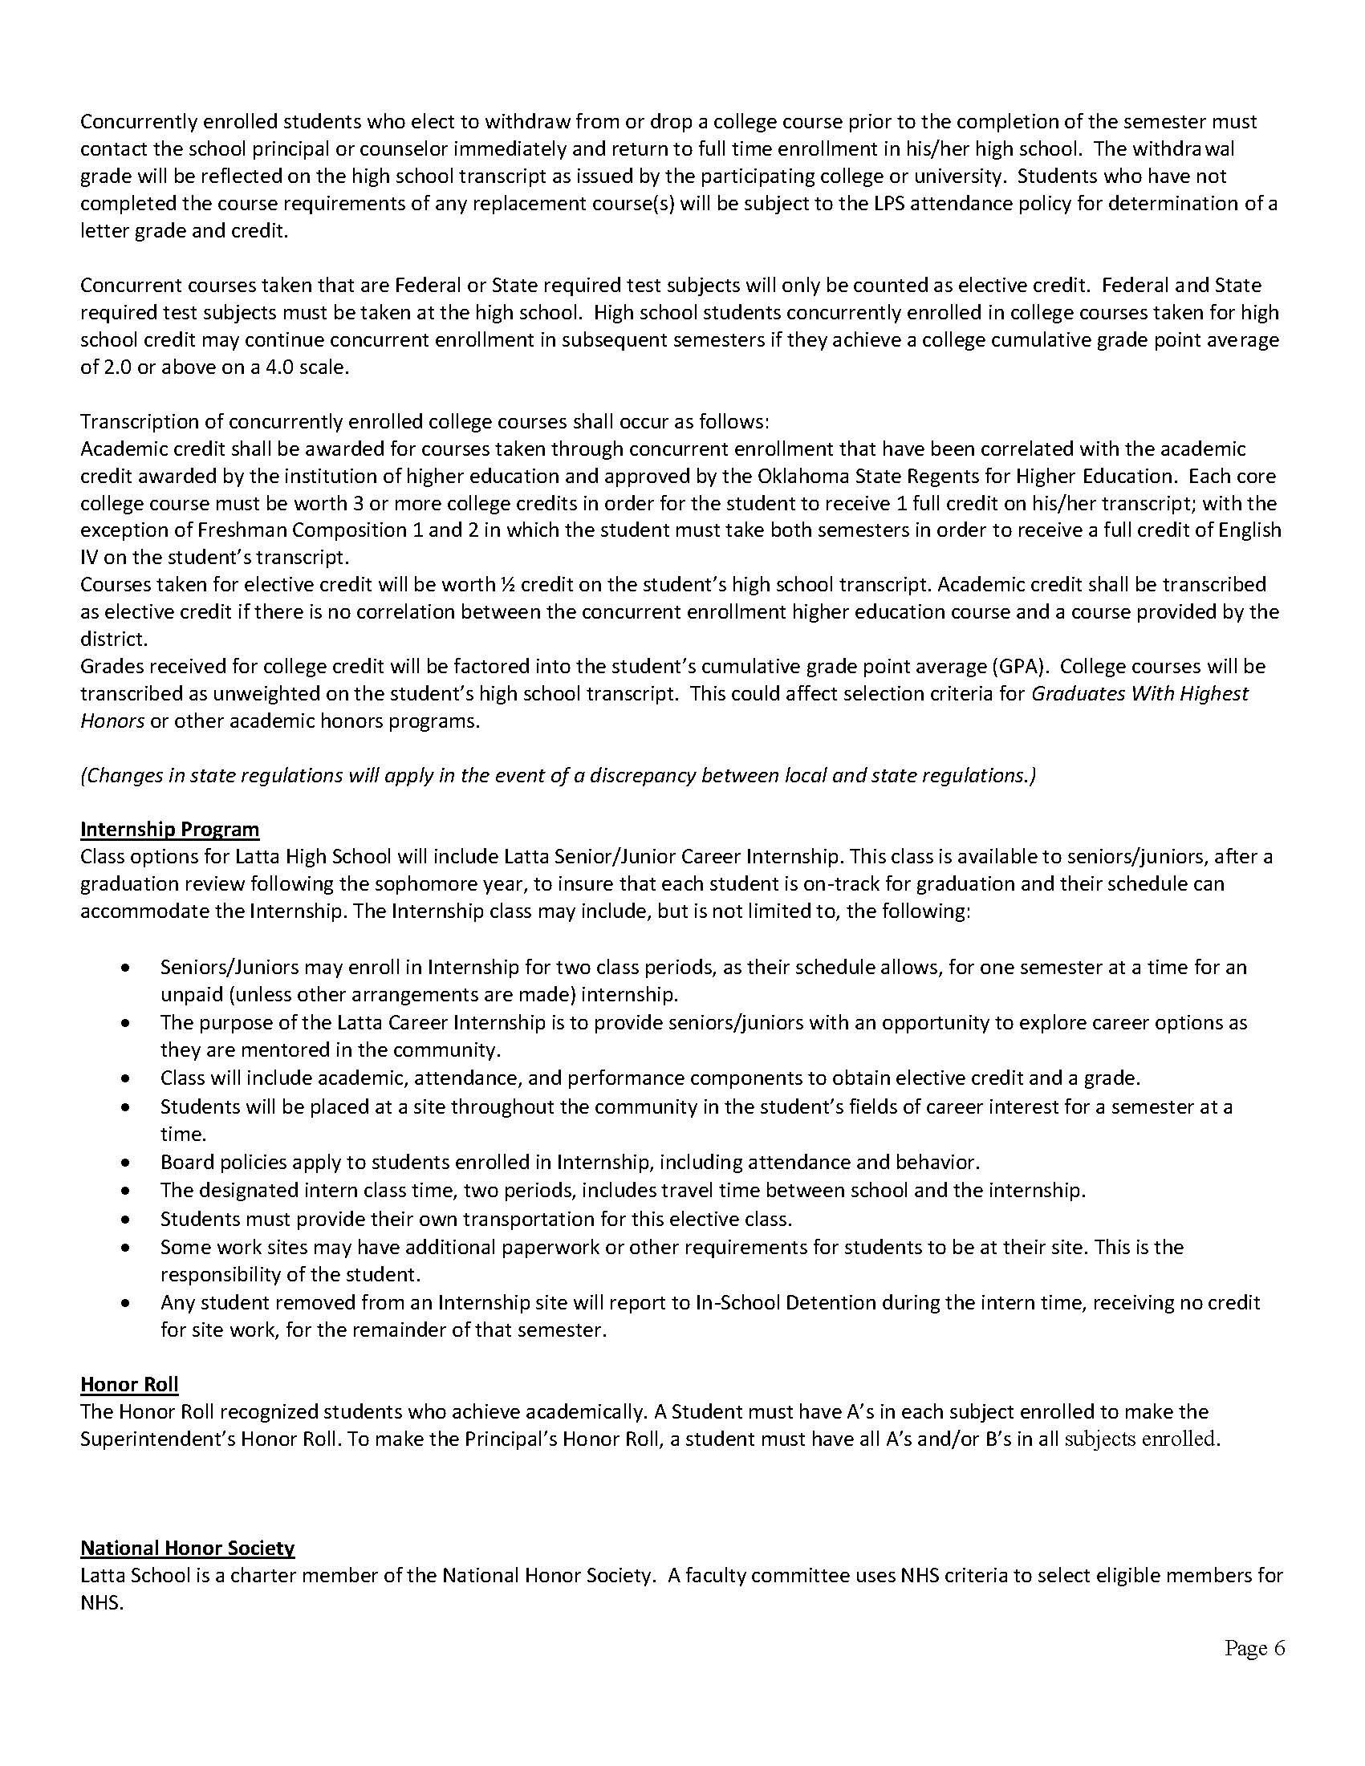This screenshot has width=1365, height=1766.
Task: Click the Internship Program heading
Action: pyautogui.click(x=170, y=829)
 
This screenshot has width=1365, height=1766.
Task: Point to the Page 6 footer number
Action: pyautogui.click(x=1254, y=1648)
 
